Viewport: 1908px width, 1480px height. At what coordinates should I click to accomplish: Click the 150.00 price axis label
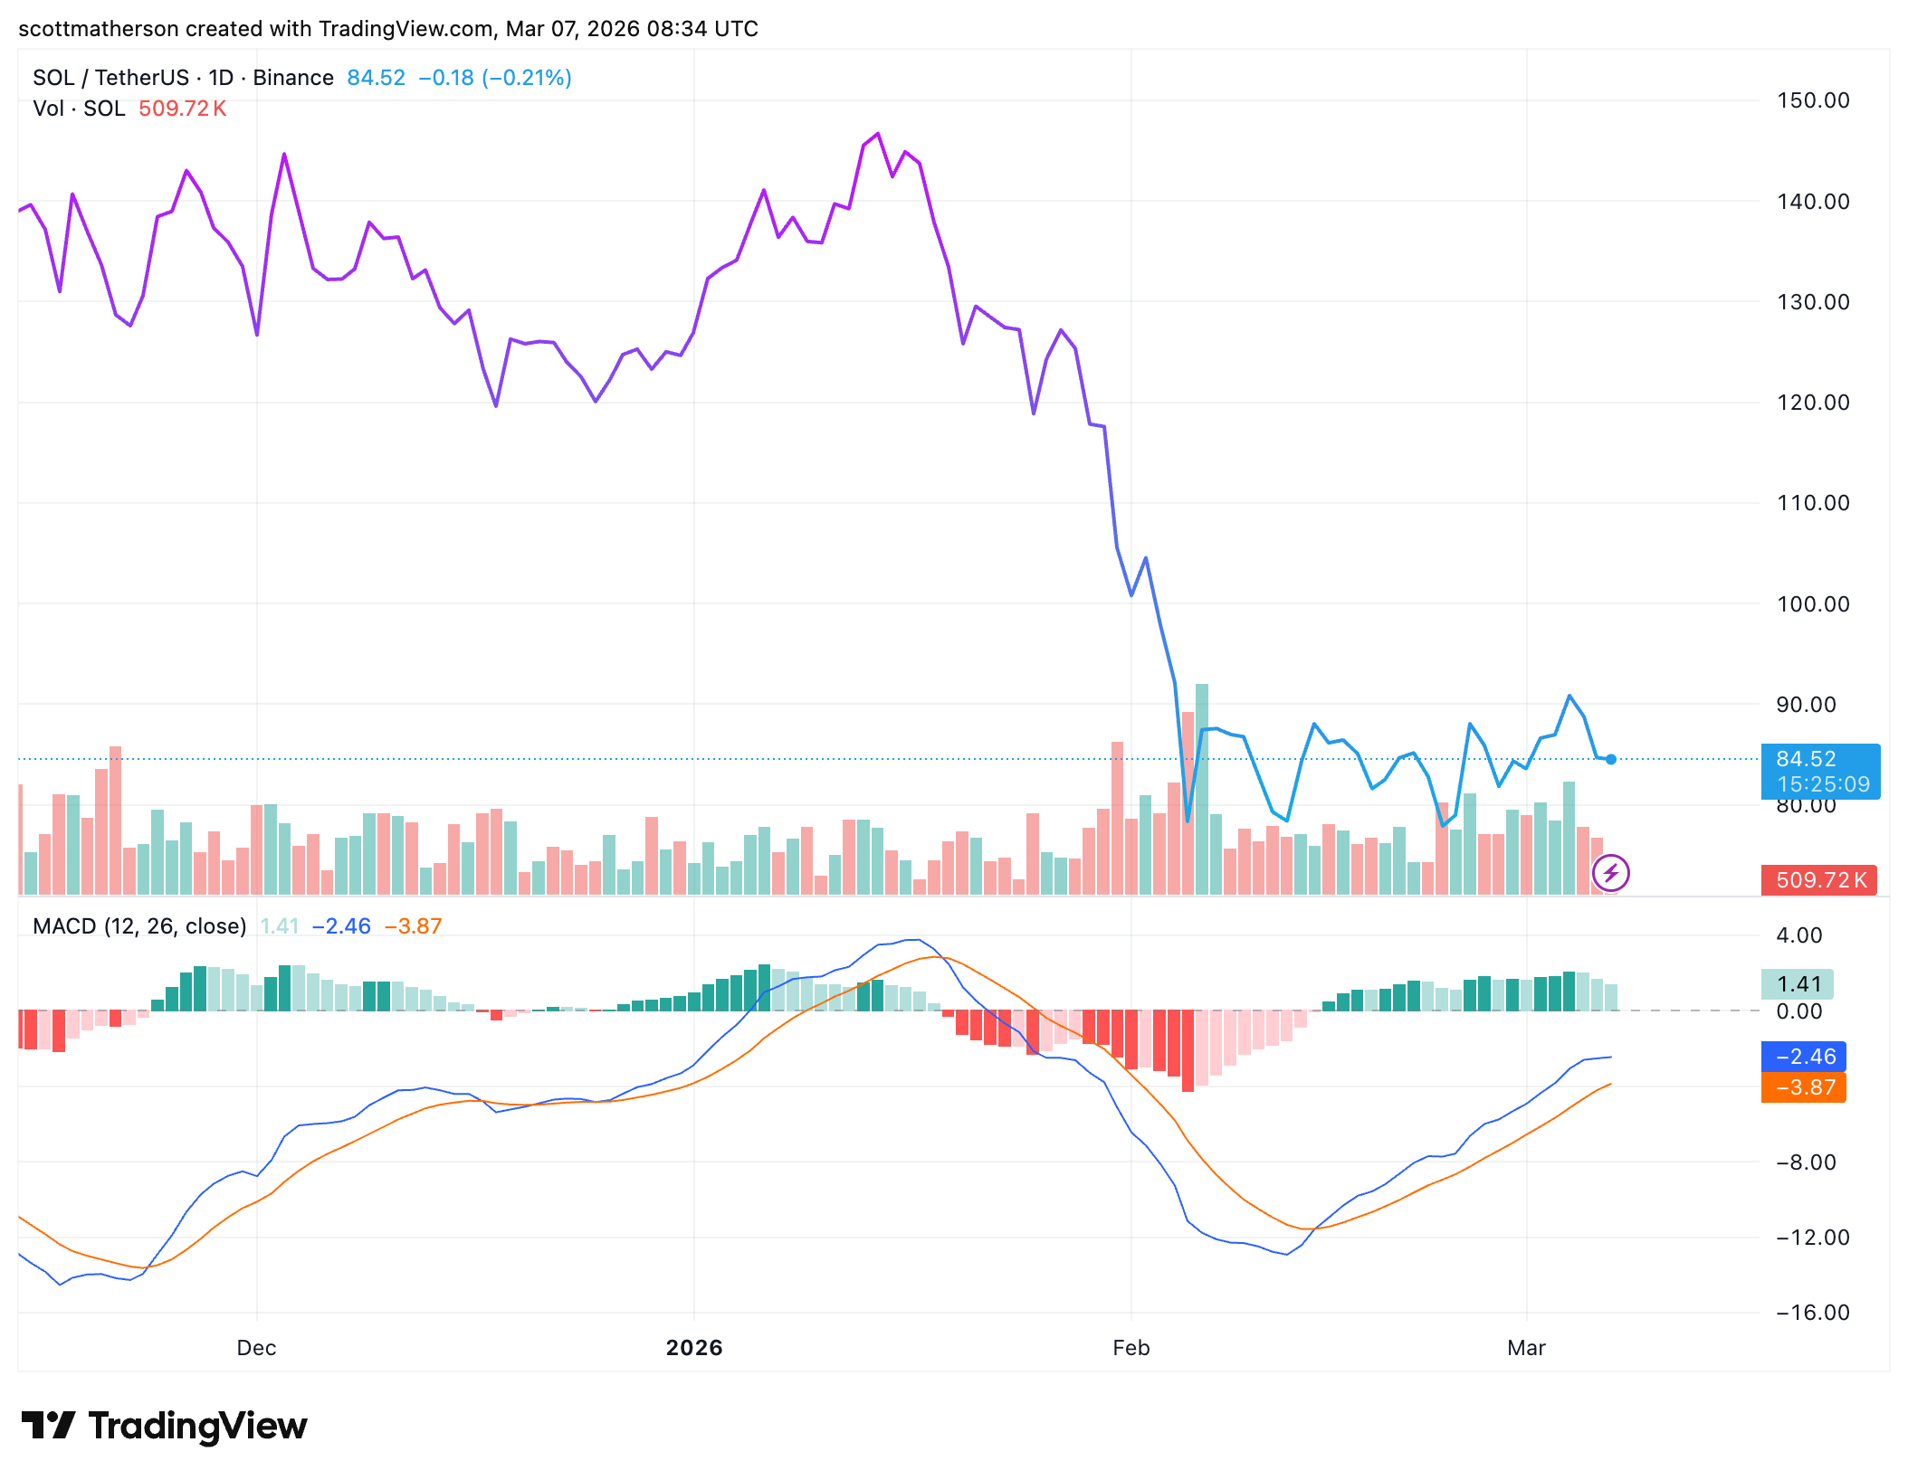click(1812, 100)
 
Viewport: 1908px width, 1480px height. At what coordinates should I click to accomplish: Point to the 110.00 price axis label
click(1812, 503)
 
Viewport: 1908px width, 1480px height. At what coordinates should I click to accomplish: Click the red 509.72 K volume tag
click(1819, 879)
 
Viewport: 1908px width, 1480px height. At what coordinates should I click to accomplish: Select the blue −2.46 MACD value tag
click(1804, 1057)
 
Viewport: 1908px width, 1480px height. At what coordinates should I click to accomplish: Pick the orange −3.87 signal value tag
click(1804, 1087)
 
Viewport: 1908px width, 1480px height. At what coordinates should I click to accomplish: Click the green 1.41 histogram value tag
click(1798, 984)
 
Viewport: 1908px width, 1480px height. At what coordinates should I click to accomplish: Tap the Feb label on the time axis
click(1130, 1348)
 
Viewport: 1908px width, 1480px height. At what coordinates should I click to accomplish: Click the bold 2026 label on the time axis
click(694, 1348)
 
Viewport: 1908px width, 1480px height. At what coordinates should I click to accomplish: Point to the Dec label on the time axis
click(256, 1348)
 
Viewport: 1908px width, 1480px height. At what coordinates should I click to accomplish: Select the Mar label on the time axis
click(1526, 1348)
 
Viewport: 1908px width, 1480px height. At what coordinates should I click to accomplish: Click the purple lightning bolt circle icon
click(1611, 873)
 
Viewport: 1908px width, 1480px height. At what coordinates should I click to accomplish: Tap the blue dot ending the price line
click(1611, 760)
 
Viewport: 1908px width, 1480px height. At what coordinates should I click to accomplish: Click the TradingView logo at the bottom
click(165, 1427)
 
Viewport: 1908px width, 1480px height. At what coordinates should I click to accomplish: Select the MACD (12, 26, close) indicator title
click(139, 926)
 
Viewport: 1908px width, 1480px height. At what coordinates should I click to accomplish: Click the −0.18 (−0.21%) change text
click(495, 78)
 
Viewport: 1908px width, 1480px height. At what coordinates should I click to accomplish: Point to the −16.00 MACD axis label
click(1812, 1313)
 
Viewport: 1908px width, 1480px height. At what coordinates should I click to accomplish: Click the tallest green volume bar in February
click(1202, 787)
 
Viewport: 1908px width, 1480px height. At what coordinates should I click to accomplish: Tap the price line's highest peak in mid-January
click(877, 134)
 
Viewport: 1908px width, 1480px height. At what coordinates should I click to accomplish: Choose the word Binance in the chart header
click(293, 78)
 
